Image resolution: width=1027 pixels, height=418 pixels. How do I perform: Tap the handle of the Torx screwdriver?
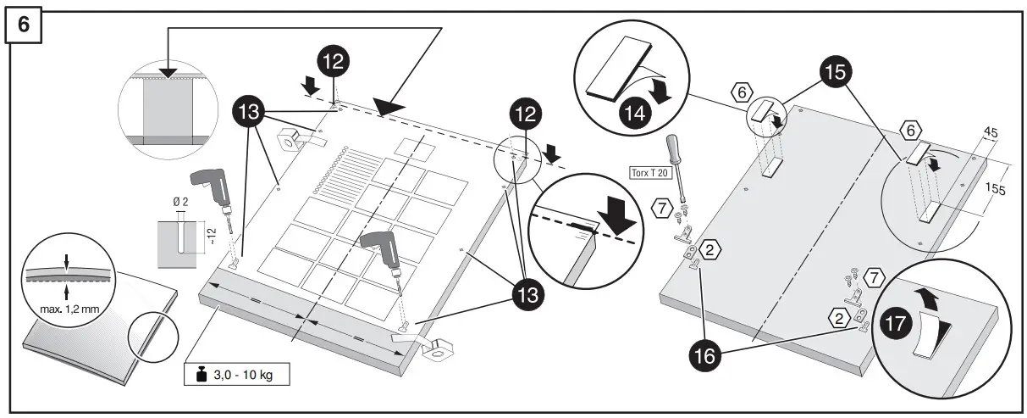pyautogui.click(x=675, y=147)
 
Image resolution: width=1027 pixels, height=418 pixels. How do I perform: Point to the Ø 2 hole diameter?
pyautogui.click(x=179, y=201)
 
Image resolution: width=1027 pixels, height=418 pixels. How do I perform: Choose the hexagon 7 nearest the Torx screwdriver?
pyautogui.click(x=660, y=207)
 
